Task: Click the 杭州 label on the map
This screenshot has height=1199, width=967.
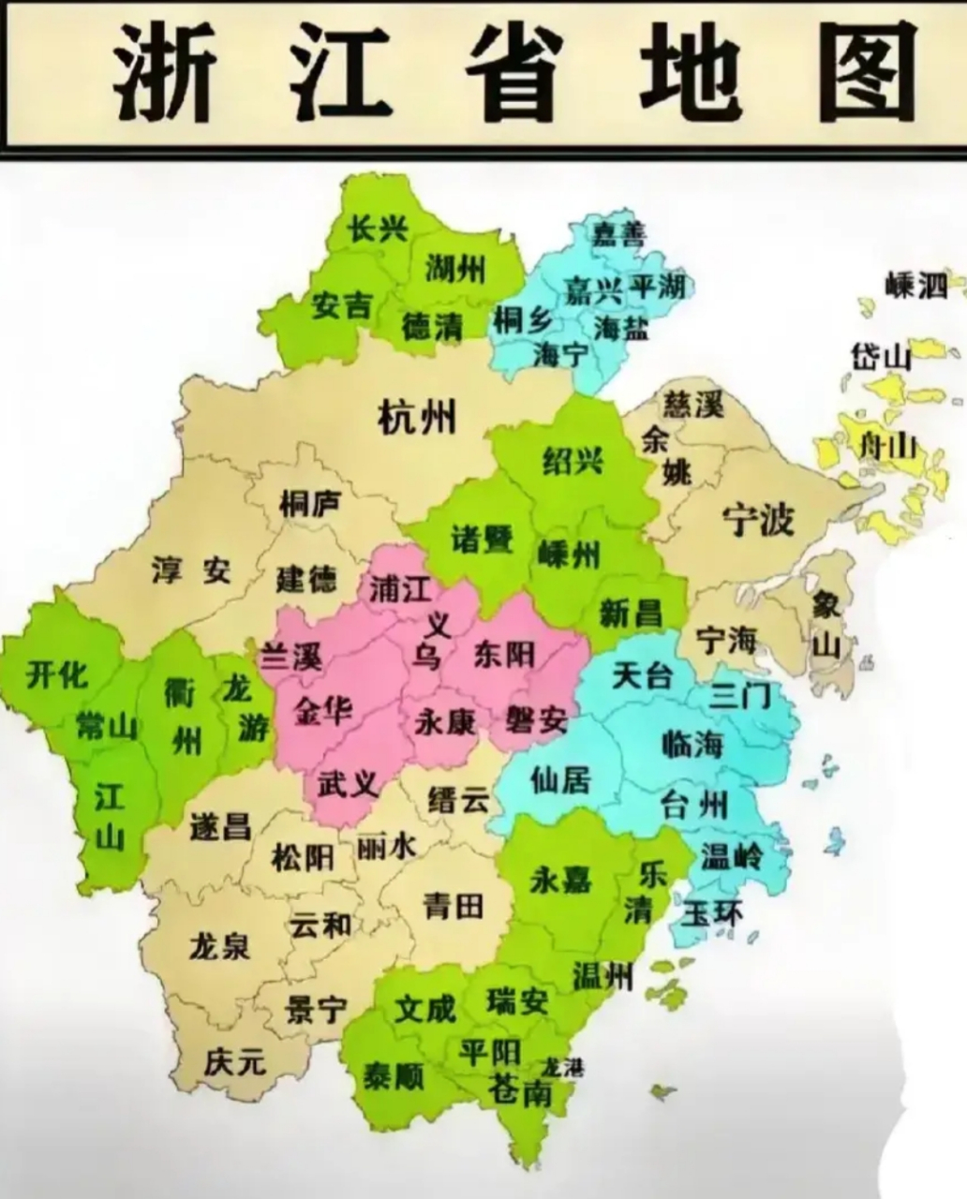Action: [x=417, y=415]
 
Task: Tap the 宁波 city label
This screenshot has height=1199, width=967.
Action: [x=758, y=518]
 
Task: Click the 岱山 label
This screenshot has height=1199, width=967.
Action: [x=880, y=356]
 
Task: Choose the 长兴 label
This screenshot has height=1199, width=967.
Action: [x=379, y=228]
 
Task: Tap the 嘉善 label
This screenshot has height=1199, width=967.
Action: [x=617, y=234]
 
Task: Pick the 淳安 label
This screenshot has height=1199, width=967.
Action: [x=191, y=570]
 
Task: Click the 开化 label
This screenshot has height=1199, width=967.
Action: [x=57, y=674]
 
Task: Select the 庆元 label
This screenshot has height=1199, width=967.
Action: [x=235, y=1061]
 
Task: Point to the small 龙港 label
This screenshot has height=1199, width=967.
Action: [x=561, y=1066]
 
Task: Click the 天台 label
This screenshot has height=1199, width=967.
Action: [x=642, y=674]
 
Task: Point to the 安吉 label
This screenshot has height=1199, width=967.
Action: [x=342, y=304]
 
